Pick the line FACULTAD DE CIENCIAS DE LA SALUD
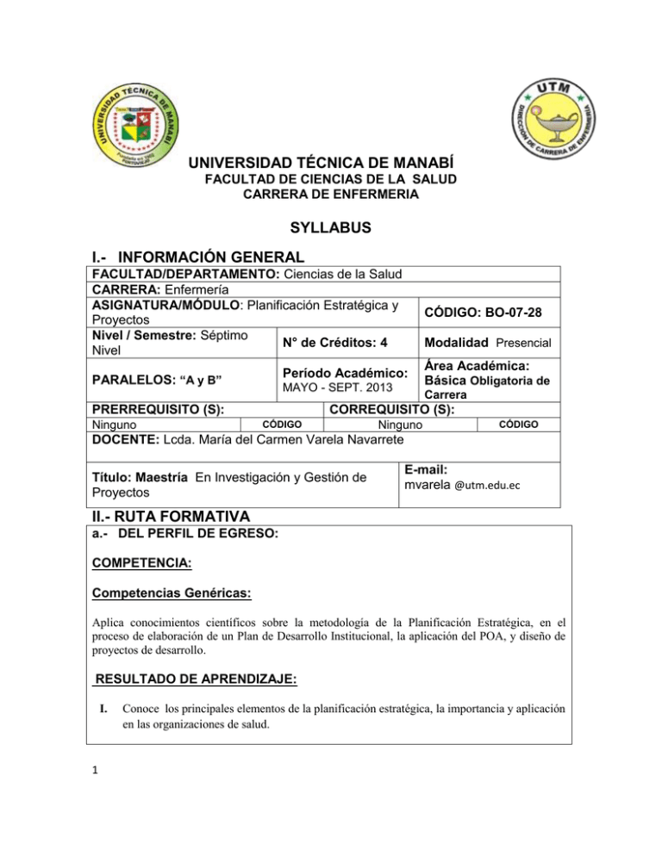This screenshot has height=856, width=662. click(x=328, y=178)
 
